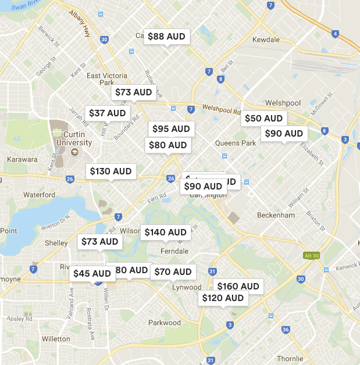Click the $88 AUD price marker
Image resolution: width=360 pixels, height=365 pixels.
pos(166,37)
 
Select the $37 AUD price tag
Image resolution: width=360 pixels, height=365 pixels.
pos(108,113)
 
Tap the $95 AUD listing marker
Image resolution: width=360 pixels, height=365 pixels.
pos(171,128)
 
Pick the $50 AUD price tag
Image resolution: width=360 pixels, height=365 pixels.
pos(263,119)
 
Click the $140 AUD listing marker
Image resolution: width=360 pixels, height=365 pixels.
pos(165,232)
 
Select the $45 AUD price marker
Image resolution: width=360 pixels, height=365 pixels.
pos(92,273)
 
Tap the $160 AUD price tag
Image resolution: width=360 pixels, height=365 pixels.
pos(238,286)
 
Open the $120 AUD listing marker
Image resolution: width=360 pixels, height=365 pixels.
pos(223,298)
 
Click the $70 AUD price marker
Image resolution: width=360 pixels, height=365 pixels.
pos(173,272)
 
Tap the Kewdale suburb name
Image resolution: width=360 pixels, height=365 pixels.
pos(266,40)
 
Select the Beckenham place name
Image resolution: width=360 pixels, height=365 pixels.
pos(276,215)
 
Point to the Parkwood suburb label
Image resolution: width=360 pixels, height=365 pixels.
pos(165,323)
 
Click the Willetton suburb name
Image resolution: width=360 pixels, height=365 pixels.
pos(56,339)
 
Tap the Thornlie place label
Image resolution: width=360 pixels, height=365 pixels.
pos(290,359)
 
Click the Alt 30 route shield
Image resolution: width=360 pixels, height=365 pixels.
pos(312,256)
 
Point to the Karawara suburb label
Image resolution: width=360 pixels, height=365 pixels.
pos(22,159)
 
